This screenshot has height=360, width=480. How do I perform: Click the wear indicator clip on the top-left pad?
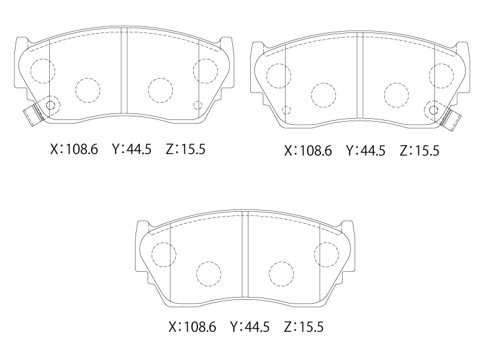(34, 114)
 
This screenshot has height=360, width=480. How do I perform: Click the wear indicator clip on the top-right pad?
(451, 119)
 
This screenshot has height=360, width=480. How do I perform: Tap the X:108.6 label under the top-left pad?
(74, 149)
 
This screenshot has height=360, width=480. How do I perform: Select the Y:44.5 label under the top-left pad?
(131, 149)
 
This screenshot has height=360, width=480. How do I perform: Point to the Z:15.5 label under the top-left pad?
(185, 149)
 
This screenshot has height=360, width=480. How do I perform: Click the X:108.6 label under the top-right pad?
(308, 151)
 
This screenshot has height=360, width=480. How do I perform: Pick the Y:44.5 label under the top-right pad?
(365, 151)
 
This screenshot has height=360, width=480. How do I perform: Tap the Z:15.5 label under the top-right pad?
(419, 151)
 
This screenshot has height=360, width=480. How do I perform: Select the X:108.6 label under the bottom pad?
(192, 327)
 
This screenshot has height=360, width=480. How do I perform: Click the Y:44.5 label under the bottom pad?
(250, 327)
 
